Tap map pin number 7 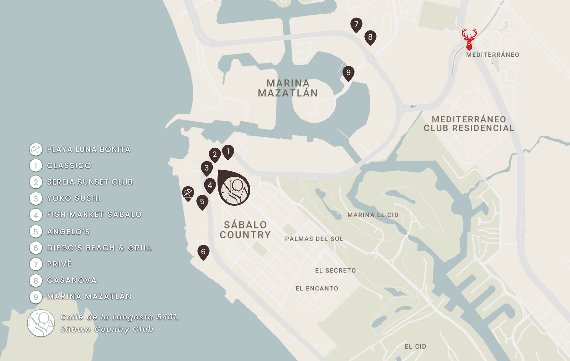click(356, 25)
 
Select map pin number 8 click(370, 37)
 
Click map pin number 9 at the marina click(348, 73)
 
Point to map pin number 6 click(203, 252)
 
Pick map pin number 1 click(228, 152)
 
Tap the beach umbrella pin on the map click(188, 193)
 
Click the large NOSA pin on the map click(234, 188)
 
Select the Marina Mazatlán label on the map click(288, 88)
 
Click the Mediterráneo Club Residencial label click(469, 124)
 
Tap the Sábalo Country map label click(245, 230)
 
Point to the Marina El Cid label click(373, 215)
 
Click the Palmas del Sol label click(314, 239)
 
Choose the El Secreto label click(335, 270)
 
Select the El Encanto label click(317, 288)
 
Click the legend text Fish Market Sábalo click(94, 214)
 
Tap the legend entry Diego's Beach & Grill click(99, 248)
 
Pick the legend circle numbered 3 click(36, 199)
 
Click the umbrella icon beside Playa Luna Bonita click(36, 149)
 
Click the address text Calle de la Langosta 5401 click(119, 317)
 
